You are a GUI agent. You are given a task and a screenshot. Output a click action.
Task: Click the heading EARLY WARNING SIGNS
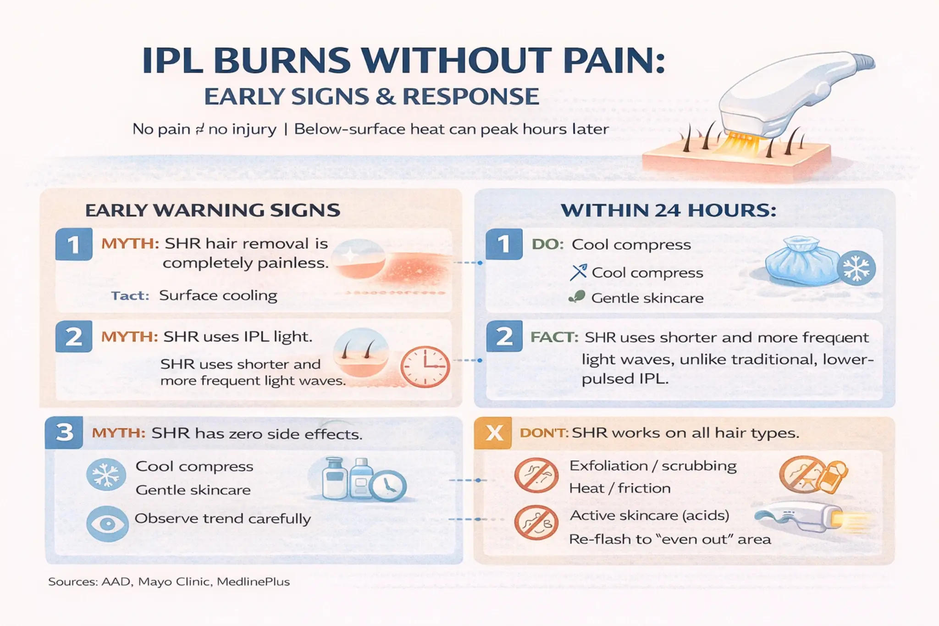click(213, 210)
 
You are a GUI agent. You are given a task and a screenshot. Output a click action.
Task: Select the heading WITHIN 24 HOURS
click(668, 210)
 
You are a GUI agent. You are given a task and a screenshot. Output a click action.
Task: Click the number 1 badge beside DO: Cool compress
click(504, 244)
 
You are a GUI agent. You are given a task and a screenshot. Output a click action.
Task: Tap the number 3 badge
click(64, 432)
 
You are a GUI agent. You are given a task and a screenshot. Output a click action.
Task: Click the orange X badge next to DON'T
click(494, 432)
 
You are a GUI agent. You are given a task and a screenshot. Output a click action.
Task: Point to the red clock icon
click(425, 367)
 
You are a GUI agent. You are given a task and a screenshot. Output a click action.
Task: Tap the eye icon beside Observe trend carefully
click(107, 524)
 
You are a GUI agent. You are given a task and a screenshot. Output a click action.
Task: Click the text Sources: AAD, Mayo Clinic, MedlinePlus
click(169, 582)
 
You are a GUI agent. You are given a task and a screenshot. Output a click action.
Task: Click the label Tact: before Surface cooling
click(130, 296)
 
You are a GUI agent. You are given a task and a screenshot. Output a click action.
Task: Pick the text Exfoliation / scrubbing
click(653, 466)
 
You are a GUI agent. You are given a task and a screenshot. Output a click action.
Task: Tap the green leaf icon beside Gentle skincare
click(577, 297)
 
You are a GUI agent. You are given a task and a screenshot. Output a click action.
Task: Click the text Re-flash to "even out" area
click(670, 539)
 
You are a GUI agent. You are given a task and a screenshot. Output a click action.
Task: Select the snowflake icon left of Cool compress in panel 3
click(106, 474)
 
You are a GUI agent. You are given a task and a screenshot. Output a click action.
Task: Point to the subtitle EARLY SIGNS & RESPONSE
click(371, 97)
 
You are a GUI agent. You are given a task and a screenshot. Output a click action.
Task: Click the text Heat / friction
click(619, 488)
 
